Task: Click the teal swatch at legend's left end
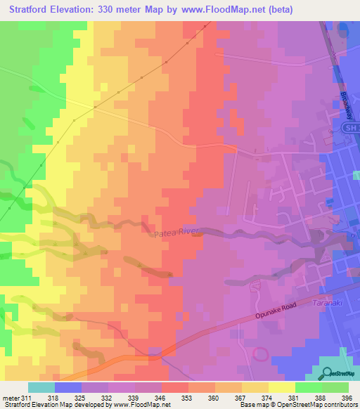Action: point(41,387)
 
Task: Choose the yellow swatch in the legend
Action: point(282,387)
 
